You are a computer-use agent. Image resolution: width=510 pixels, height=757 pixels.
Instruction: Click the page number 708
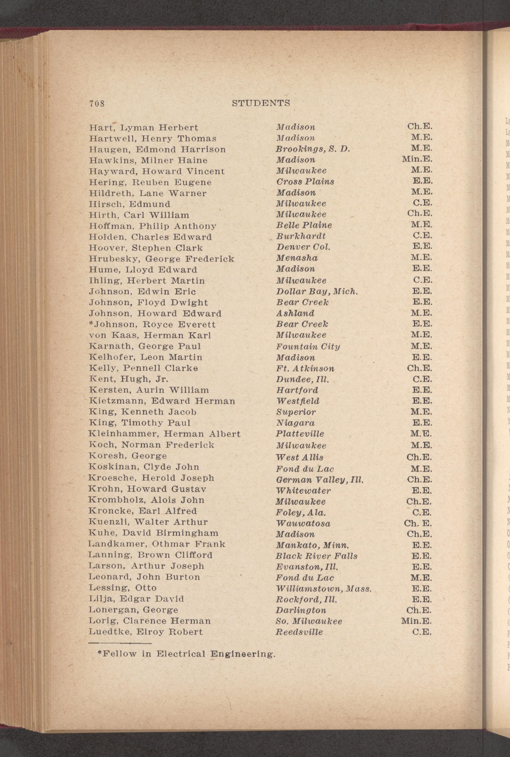click(97, 103)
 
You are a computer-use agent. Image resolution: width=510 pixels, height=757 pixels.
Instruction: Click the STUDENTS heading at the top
click(261, 103)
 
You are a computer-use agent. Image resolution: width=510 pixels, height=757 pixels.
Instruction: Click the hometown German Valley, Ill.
click(319, 480)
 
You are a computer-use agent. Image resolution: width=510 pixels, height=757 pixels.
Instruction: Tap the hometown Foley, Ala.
click(301, 513)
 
